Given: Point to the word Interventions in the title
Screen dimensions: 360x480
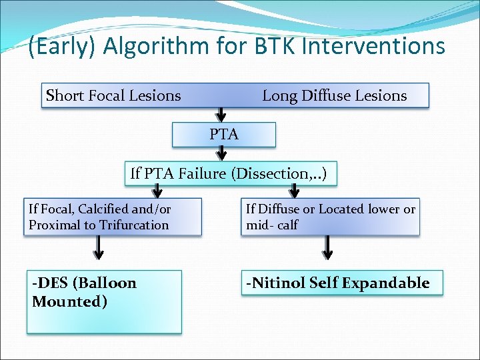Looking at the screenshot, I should tap(373, 47).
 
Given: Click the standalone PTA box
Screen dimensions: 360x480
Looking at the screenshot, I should tap(224, 134).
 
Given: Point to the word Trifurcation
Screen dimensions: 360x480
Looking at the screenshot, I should tap(134, 225).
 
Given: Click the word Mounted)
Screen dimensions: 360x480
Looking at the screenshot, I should tap(69, 301).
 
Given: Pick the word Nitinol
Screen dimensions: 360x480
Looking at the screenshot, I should tap(279, 283).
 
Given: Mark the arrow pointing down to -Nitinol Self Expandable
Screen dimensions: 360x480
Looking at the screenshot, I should tap(327, 248).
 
